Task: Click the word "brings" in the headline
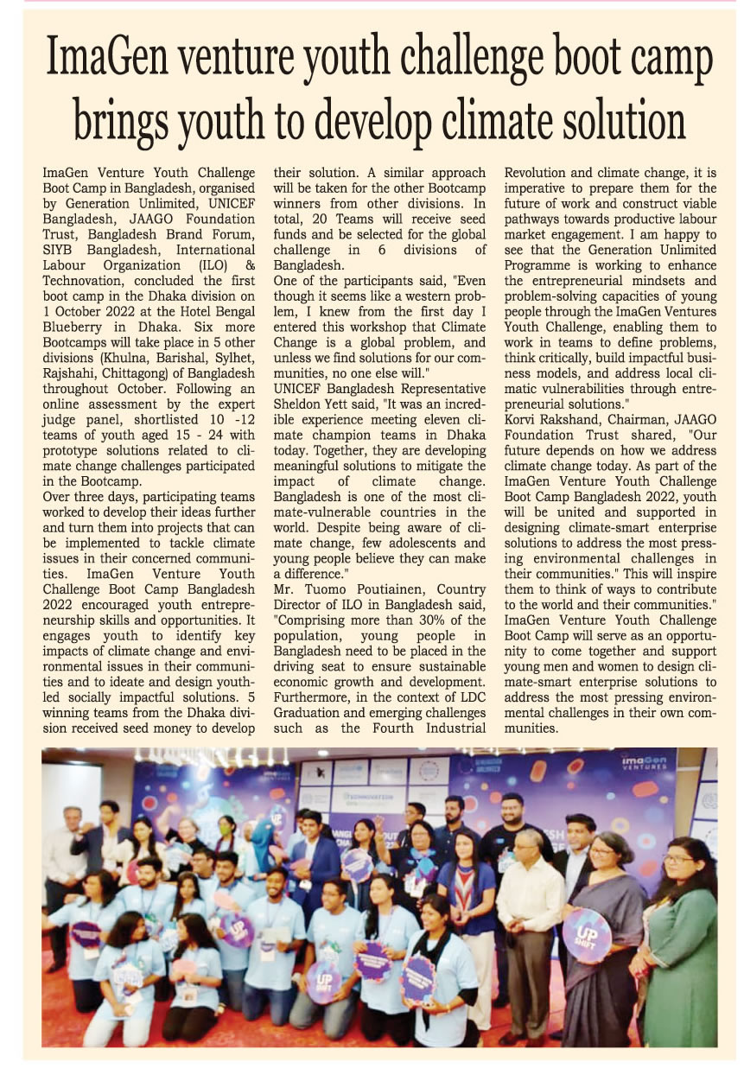[126, 120]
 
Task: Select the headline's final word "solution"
[614, 120]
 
